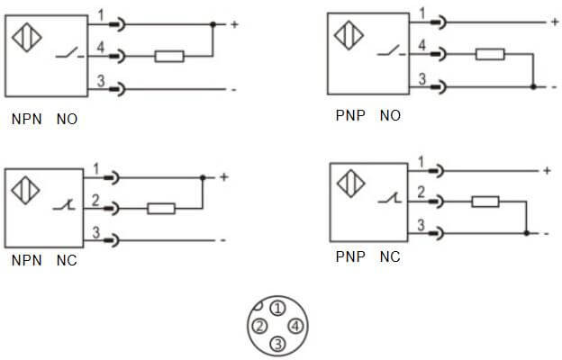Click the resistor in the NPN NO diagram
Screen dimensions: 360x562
(169, 57)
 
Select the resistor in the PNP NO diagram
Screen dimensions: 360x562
(490, 55)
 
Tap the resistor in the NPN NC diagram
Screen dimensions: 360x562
(160, 209)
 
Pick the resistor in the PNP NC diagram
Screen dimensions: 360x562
(485, 201)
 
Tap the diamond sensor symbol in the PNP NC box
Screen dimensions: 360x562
(349, 184)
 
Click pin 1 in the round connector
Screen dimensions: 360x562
(277, 309)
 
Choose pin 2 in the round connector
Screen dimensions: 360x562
(258, 325)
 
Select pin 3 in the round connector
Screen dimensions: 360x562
(277, 342)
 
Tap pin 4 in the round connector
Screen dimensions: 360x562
(295, 325)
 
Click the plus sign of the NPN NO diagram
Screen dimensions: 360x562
(234, 24)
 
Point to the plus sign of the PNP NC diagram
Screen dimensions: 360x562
(546, 170)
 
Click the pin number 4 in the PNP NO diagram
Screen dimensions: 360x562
(421, 45)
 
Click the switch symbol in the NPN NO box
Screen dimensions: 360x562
(66, 57)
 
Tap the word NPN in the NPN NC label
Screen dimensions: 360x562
(26, 261)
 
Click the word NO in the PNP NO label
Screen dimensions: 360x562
(390, 115)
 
